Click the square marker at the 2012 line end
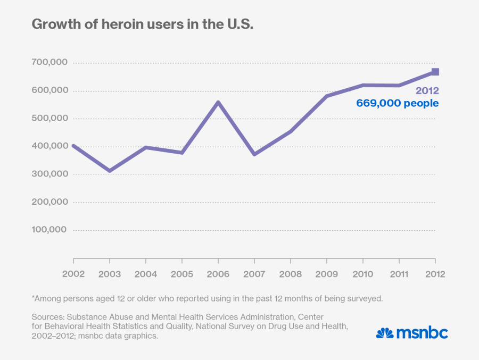coord(435,72)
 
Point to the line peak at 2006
coord(218,102)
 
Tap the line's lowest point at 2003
coord(110,171)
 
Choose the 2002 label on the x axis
coord(73,274)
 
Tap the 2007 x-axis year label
coord(254,274)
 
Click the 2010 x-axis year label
coord(363,274)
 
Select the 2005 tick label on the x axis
coord(182,274)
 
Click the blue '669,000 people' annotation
coord(398,103)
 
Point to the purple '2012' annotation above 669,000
coord(427,91)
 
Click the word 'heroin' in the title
coord(106,25)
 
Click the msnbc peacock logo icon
coord(384,333)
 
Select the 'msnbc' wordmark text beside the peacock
coord(422,333)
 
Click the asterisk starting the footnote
coord(34,298)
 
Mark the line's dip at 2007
coord(254,154)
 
